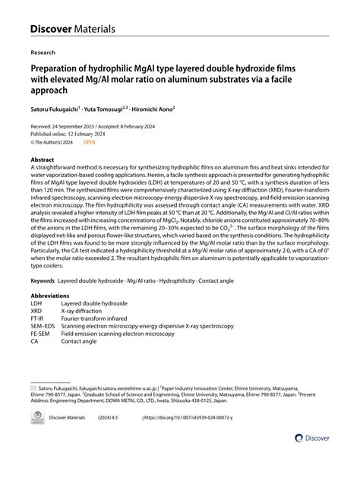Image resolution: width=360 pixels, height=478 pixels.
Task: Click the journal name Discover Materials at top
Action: [72, 28]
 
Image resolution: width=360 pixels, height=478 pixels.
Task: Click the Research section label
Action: [43, 54]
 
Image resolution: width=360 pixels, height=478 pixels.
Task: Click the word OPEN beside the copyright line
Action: [90, 141]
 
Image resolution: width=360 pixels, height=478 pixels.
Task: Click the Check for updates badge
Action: [37, 439]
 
